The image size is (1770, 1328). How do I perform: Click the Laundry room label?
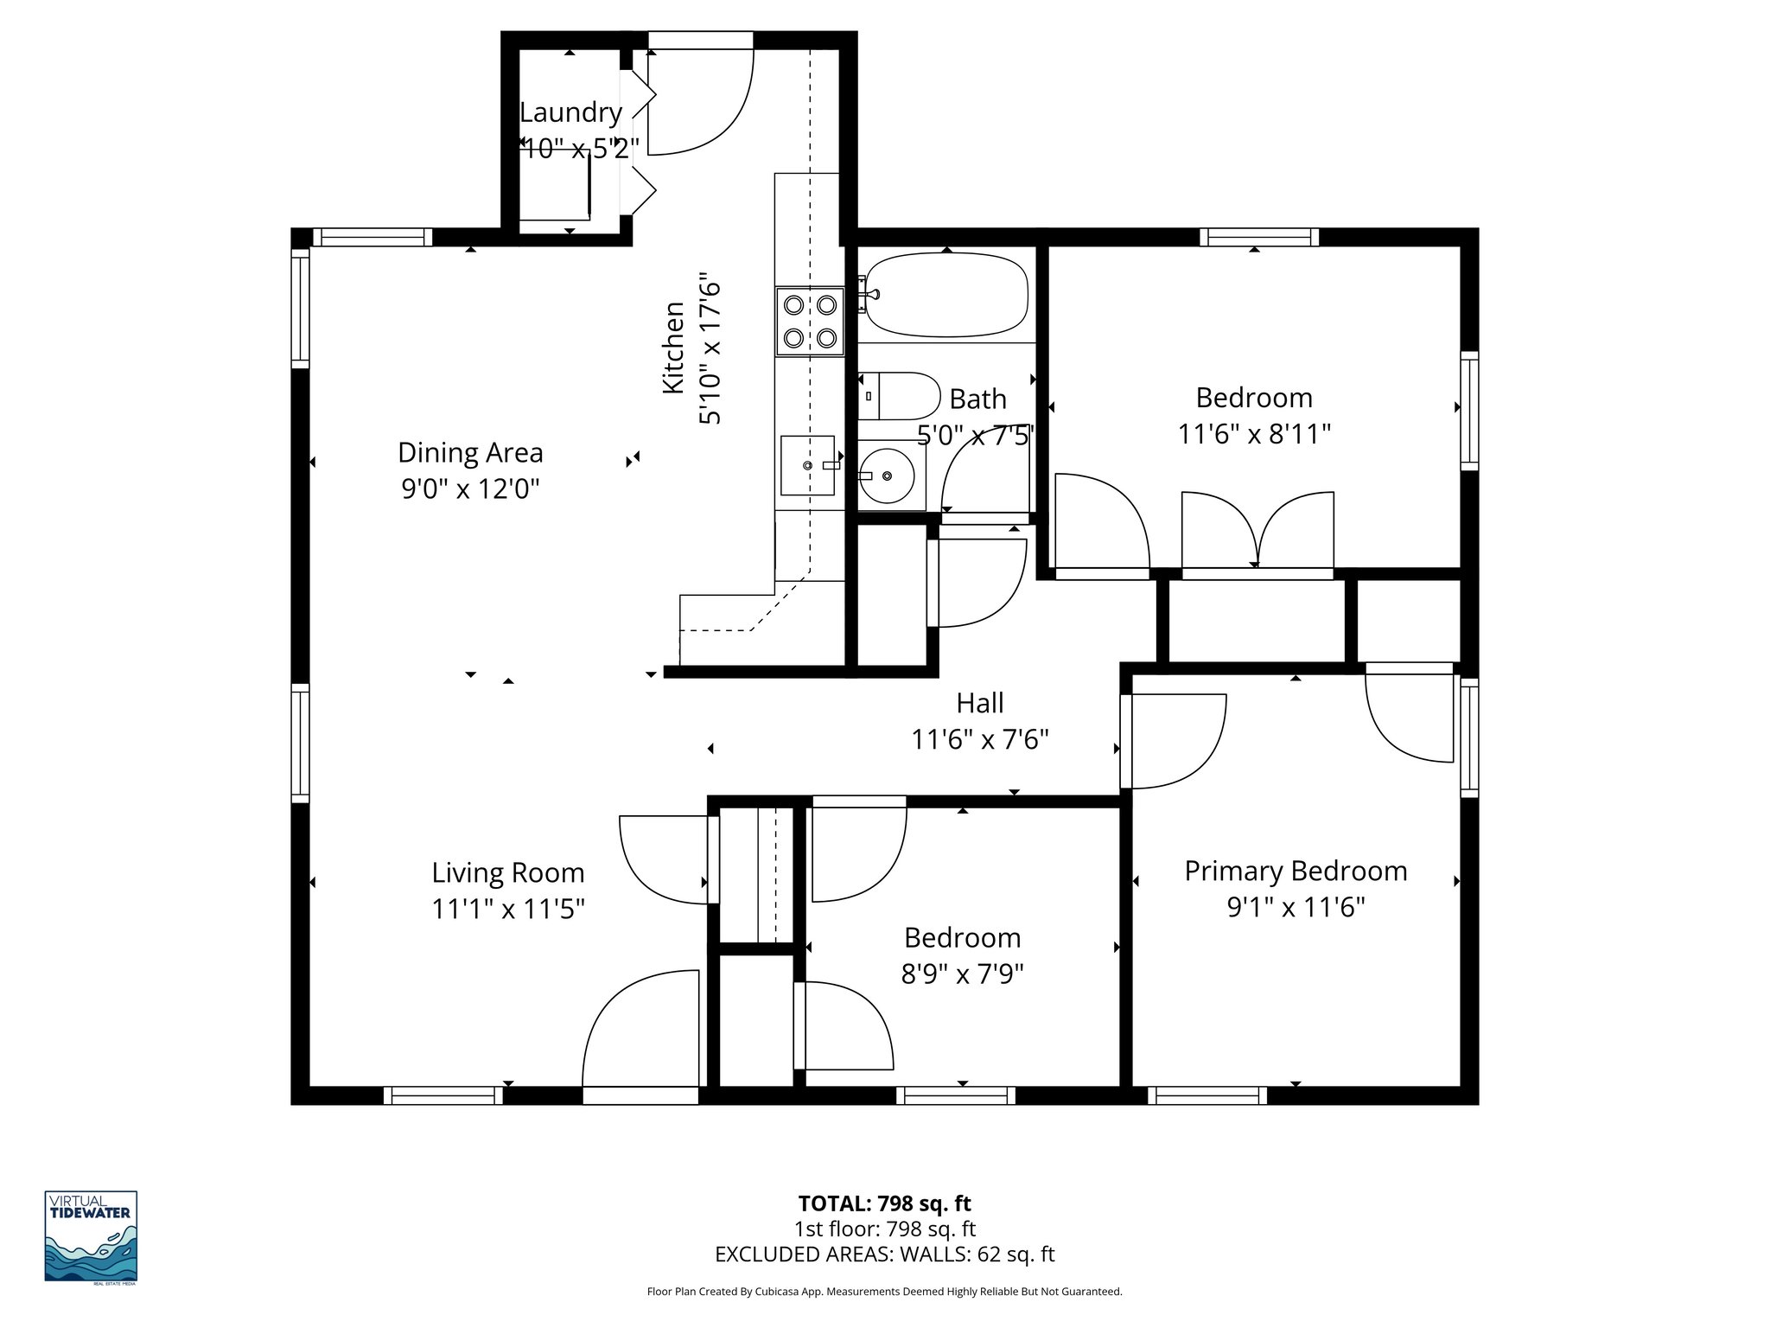(x=570, y=112)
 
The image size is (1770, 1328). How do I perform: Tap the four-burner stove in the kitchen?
(x=809, y=321)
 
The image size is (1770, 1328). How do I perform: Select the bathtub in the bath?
(x=946, y=294)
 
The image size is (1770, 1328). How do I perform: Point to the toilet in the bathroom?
(x=899, y=396)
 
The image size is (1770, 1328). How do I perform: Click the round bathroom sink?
(x=888, y=475)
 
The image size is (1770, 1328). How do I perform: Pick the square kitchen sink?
(x=807, y=465)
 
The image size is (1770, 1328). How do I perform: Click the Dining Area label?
(x=470, y=452)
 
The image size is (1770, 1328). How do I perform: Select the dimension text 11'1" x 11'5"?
(x=508, y=909)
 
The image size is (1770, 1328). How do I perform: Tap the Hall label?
(x=980, y=703)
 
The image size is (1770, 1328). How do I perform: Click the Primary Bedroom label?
(x=1296, y=871)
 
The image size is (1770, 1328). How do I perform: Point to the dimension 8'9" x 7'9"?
(x=962, y=974)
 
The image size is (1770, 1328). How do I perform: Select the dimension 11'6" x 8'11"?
(x=1254, y=433)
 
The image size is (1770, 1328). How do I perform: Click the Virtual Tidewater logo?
(x=91, y=1236)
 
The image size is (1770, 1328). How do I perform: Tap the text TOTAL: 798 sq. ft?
(x=884, y=1203)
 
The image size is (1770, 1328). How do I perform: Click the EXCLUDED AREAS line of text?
(x=884, y=1255)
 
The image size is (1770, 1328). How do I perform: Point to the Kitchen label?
(x=673, y=348)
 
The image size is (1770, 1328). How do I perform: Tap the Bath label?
(x=977, y=399)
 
